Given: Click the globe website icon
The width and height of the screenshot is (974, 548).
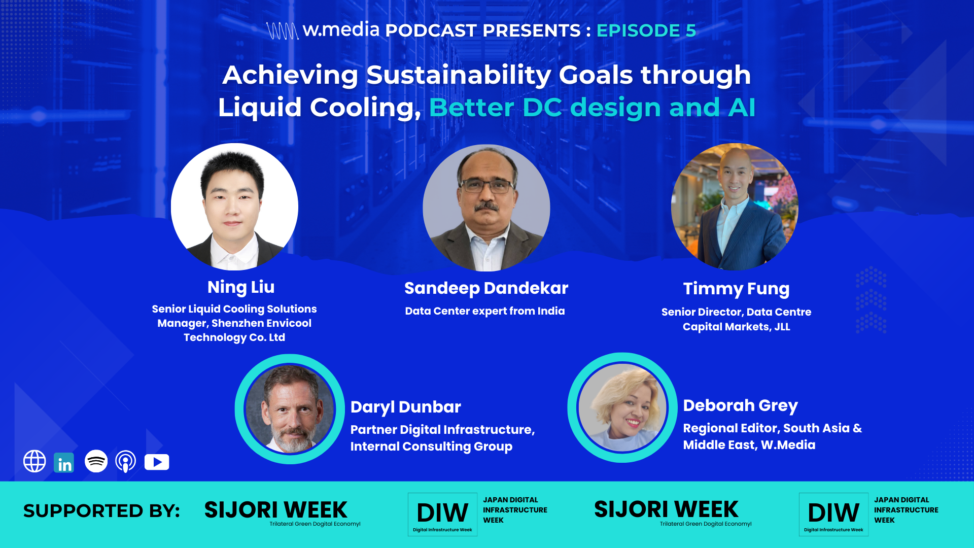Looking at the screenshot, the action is pyautogui.click(x=34, y=461).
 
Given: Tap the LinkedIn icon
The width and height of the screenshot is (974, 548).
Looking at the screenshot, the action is pyautogui.click(x=64, y=462).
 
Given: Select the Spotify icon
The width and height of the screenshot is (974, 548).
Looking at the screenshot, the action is pyautogui.click(x=96, y=461).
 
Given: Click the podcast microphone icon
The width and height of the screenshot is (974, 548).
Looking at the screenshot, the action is pyautogui.click(x=125, y=462).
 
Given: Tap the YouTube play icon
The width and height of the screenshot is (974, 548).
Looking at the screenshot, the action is pyautogui.click(x=157, y=462).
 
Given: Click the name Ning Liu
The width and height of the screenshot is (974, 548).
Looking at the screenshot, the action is pyautogui.click(x=241, y=287).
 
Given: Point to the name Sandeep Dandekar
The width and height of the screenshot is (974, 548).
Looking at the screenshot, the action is pyautogui.click(x=486, y=288).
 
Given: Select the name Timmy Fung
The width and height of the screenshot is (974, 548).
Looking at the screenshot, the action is pyautogui.click(x=736, y=289).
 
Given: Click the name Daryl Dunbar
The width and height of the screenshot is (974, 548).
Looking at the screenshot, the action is pyautogui.click(x=406, y=407).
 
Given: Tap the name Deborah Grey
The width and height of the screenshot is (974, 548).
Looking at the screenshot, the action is pyautogui.click(x=740, y=405).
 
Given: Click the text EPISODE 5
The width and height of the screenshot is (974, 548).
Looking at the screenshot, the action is pyautogui.click(x=646, y=30).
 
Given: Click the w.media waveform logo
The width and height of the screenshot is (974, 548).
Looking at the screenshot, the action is pyautogui.click(x=282, y=30).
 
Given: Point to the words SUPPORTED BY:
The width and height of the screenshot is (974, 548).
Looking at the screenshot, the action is pyautogui.click(x=101, y=510).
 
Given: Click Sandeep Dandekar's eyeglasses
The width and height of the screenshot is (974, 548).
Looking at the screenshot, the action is pyautogui.click(x=486, y=186).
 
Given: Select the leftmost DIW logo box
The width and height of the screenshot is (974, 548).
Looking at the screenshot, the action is pyautogui.click(x=442, y=514).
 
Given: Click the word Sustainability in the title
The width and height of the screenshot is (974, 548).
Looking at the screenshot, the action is pyautogui.click(x=458, y=75).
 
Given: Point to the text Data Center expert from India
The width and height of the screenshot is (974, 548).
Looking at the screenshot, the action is pyautogui.click(x=484, y=311).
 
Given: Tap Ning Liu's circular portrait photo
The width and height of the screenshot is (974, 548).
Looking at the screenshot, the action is pyautogui.click(x=234, y=207).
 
